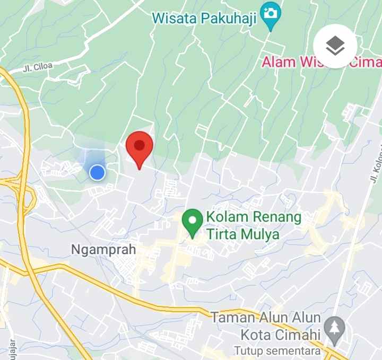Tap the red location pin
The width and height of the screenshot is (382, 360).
(139, 146)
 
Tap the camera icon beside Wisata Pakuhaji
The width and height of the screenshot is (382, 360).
(271, 13)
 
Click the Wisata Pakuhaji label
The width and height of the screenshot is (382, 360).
(204, 19)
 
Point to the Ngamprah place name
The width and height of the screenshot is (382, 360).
(103, 249)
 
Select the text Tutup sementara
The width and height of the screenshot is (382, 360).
(277, 351)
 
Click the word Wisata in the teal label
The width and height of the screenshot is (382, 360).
(174, 19)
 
